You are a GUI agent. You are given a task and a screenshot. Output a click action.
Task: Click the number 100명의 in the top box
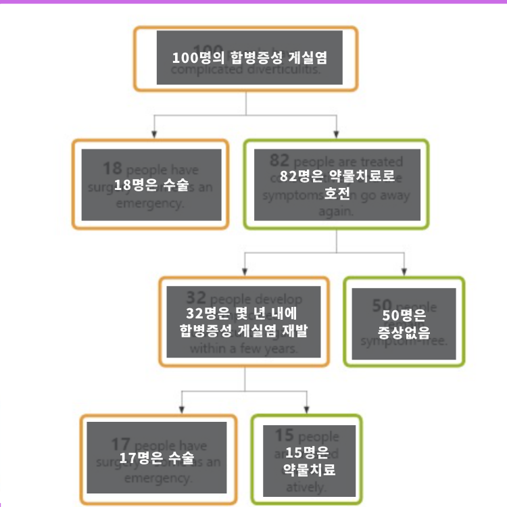195,57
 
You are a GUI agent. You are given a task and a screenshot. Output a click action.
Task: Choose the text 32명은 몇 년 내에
243,314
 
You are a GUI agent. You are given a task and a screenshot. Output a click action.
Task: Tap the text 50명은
403,314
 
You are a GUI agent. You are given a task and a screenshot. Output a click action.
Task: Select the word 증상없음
404,332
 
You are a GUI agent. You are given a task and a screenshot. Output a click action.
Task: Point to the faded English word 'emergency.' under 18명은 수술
150,203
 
